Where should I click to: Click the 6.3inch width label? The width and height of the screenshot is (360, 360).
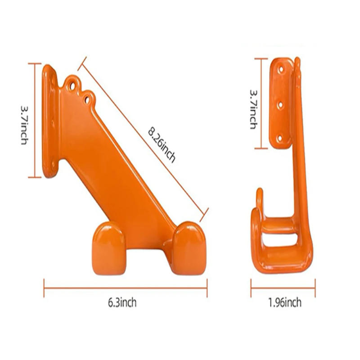tap(122, 303)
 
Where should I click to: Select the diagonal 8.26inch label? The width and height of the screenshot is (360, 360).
tap(162, 145)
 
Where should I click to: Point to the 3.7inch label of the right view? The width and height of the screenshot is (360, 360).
tap(254, 109)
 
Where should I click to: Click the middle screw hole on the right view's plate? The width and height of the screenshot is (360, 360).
tap(280, 105)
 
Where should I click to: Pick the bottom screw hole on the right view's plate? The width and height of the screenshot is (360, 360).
tap(280, 138)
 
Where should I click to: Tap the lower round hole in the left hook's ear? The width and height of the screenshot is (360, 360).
tap(88, 97)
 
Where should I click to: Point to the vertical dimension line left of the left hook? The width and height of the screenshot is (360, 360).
tap(35, 120)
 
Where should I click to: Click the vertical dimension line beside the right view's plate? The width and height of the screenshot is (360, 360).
tap(261, 103)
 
